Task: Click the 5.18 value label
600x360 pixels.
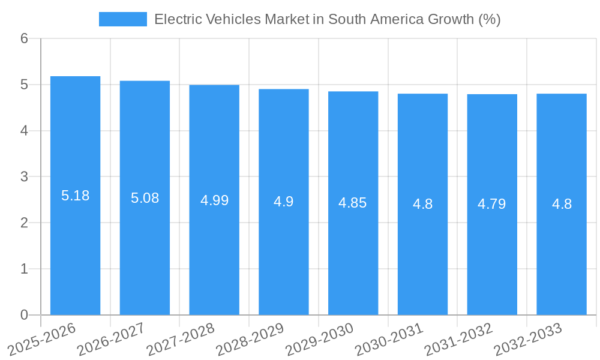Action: tap(75, 196)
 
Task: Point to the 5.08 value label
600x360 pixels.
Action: tap(145, 198)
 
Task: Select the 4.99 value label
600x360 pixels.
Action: tap(214, 200)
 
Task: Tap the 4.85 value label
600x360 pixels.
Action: tap(353, 203)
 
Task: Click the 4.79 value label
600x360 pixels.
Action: tap(492, 204)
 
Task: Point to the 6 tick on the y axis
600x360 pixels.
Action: tap(24, 39)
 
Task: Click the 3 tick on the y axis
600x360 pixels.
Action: tap(24, 177)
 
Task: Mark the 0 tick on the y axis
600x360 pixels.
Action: tap(24, 315)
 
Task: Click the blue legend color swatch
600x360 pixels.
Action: tap(122, 19)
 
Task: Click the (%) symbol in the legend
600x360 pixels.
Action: tap(489, 19)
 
